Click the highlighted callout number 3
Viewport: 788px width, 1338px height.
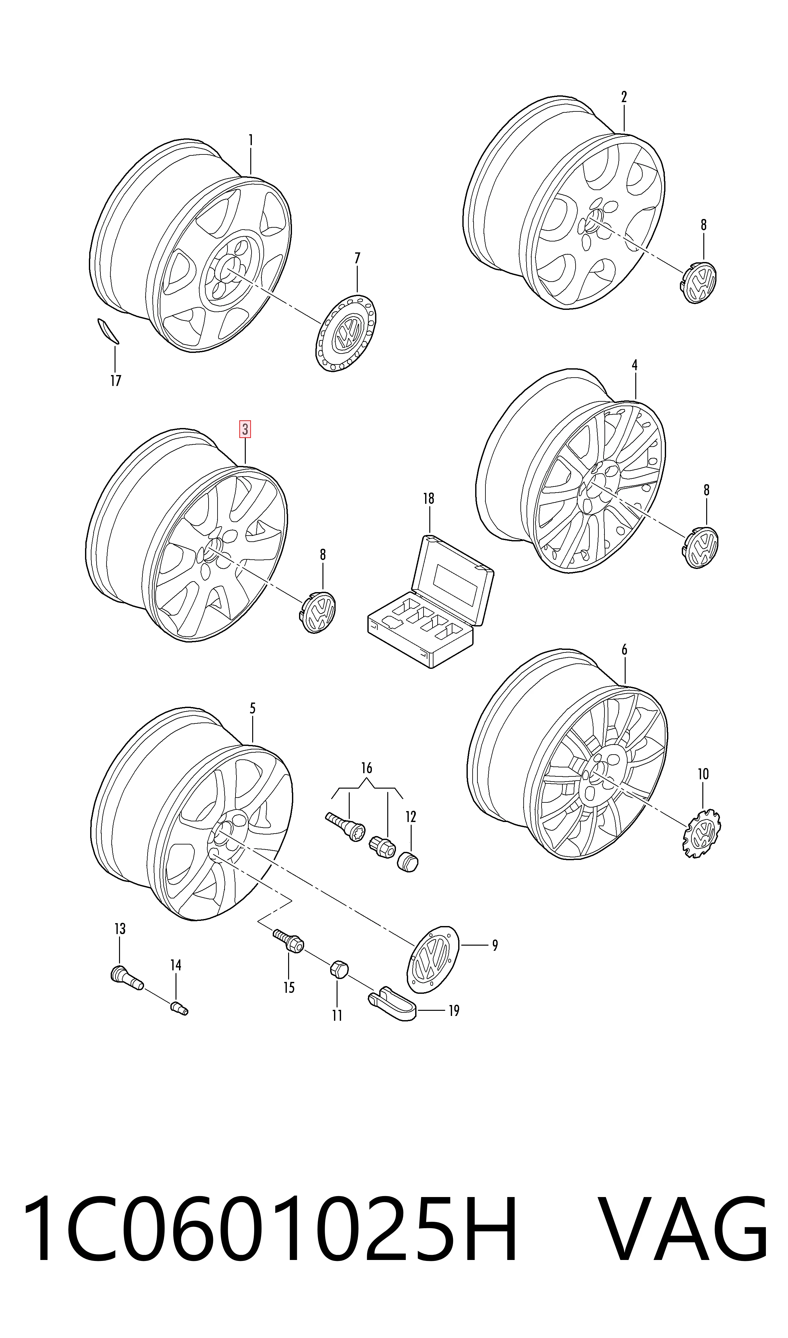click(245, 429)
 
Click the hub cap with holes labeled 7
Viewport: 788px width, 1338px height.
click(346, 333)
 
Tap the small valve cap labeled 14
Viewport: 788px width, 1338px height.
click(179, 1008)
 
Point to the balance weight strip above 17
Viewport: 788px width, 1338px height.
click(108, 331)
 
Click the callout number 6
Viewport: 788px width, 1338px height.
click(624, 649)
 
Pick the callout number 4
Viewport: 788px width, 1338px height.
click(635, 365)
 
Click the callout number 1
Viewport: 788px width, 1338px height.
click(251, 140)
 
